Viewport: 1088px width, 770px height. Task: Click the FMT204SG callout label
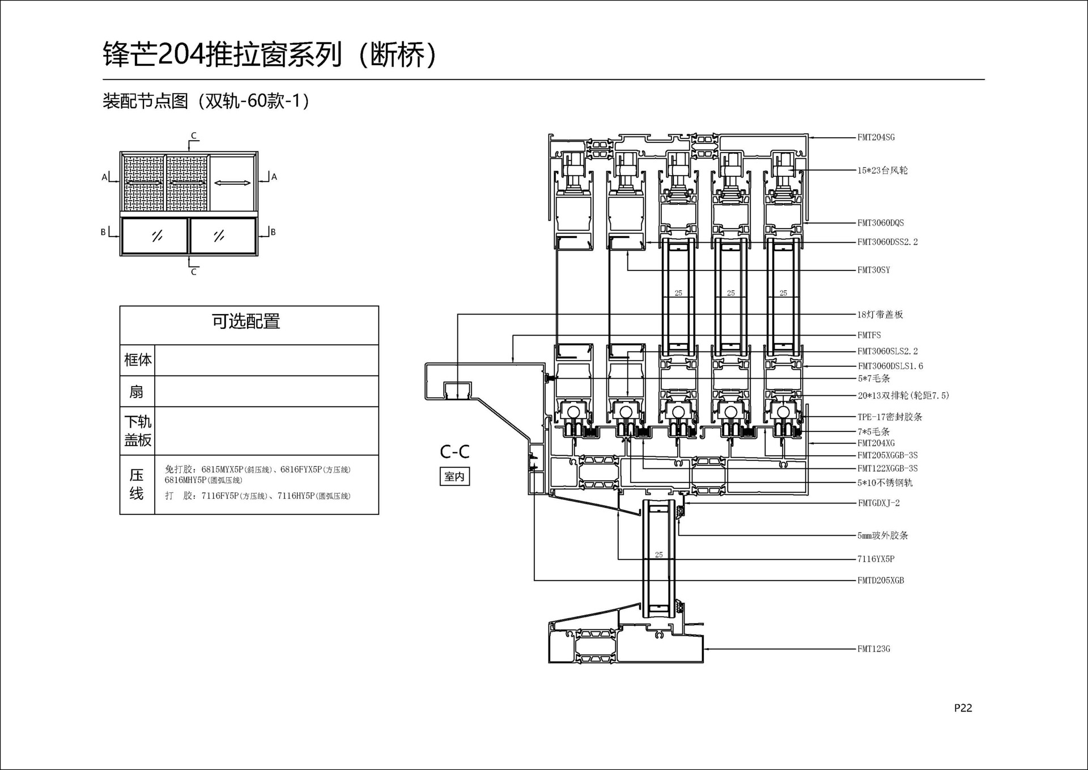875,137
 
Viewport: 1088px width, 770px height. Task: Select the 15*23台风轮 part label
882,170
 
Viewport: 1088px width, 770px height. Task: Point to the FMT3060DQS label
881,223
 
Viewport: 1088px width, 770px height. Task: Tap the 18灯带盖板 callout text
880,314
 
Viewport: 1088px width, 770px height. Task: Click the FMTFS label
869,335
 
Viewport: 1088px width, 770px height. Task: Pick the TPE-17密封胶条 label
890,417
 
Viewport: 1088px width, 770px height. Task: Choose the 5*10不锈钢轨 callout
885,483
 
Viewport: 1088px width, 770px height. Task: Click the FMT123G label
873,649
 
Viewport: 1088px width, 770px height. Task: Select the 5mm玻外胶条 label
882,535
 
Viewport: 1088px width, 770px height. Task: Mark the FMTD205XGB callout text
881,580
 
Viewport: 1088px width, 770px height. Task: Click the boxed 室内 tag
454,476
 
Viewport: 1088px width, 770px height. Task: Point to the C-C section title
454,452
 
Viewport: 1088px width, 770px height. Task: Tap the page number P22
963,708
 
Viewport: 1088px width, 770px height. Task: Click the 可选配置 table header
246,321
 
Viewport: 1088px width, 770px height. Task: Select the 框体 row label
138,359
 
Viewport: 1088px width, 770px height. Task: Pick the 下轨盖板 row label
138,430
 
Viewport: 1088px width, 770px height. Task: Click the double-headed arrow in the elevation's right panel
232,183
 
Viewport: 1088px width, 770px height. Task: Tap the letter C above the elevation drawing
194,136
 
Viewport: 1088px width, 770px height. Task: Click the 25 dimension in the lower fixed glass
658,555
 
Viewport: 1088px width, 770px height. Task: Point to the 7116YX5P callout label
875,559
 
